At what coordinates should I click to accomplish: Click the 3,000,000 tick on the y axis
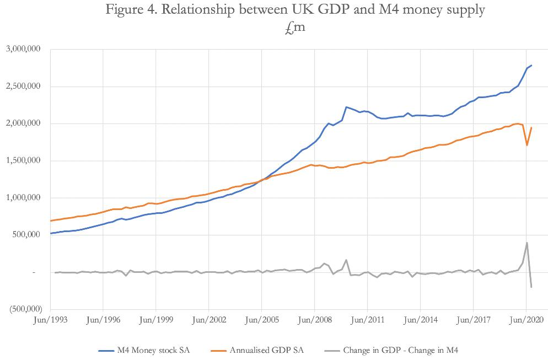(x=24, y=49)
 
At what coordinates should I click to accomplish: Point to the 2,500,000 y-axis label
(x=24, y=87)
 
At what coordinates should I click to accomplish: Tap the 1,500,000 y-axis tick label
(x=24, y=161)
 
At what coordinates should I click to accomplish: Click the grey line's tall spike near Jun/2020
(x=527, y=243)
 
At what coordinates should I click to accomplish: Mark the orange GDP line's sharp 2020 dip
(x=527, y=145)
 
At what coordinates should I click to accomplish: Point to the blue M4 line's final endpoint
(x=531, y=66)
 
